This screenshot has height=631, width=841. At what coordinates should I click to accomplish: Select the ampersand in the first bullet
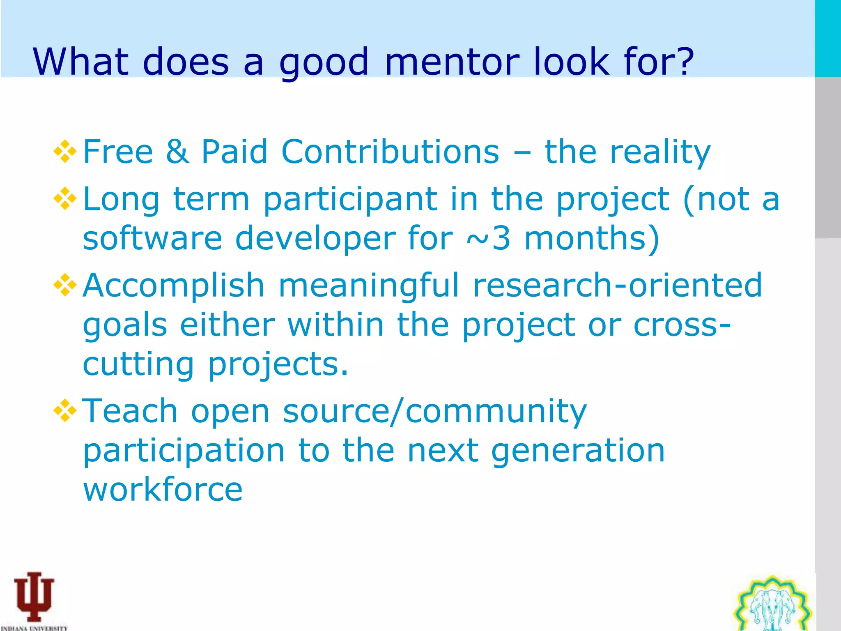click(177, 151)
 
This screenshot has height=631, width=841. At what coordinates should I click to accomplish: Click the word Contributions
click(390, 151)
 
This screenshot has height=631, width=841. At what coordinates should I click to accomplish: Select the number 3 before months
click(501, 238)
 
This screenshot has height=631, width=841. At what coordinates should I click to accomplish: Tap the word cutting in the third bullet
click(138, 364)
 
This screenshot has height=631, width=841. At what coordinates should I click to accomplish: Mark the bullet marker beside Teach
click(65, 411)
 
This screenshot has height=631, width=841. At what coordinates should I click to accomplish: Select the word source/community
click(435, 411)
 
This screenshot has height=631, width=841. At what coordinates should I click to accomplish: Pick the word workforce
click(163, 489)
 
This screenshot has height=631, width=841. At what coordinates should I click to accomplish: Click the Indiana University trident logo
click(34, 598)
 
